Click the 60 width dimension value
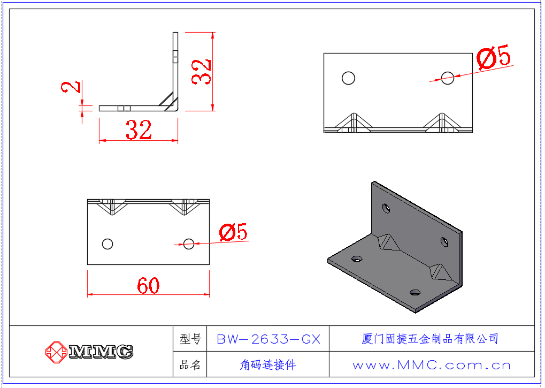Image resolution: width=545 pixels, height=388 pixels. (x=148, y=286)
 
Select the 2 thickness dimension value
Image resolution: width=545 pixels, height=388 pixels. (x=73, y=87)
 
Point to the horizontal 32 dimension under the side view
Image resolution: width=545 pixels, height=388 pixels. (x=139, y=130)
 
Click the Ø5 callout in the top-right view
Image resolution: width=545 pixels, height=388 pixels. (x=494, y=57)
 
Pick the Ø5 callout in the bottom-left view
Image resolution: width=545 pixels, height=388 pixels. (x=233, y=232)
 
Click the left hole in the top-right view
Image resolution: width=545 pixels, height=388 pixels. (x=348, y=78)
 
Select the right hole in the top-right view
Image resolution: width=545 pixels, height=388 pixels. (x=448, y=78)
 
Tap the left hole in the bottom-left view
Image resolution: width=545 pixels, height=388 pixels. (x=108, y=244)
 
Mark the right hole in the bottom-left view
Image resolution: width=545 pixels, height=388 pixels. (x=189, y=244)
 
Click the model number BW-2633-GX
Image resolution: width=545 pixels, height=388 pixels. (x=268, y=339)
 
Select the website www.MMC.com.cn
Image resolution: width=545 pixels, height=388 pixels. (x=432, y=366)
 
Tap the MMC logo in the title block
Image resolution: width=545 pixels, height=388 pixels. (x=89, y=352)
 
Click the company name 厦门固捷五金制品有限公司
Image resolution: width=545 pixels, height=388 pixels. (x=431, y=339)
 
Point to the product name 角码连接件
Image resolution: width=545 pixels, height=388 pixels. (x=268, y=366)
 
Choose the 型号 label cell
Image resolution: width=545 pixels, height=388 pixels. (x=190, y=339)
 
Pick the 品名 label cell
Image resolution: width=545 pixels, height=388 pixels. (x=190, y=366)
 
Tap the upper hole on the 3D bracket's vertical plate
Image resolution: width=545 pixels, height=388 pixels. (x=386, y=207)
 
